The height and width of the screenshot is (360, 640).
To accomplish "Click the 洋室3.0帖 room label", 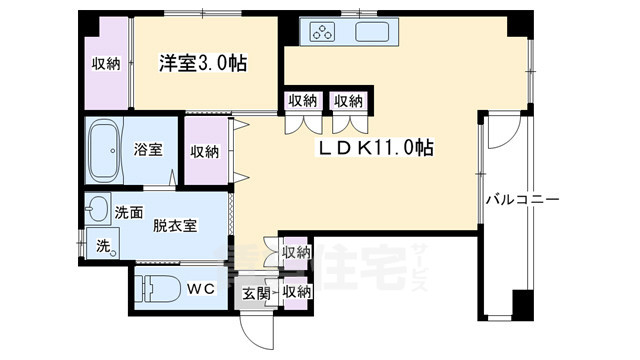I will (202, 63).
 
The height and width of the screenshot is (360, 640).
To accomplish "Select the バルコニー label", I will (522, 200).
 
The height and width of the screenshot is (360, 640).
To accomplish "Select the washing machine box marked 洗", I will (100, 245).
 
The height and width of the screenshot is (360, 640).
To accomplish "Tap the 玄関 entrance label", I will (256, 293).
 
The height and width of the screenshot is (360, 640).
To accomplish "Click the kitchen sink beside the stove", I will (376, 32).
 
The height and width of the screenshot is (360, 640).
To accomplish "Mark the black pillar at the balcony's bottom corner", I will (521, 303).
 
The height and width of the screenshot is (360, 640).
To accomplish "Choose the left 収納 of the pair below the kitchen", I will (303, 100).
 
